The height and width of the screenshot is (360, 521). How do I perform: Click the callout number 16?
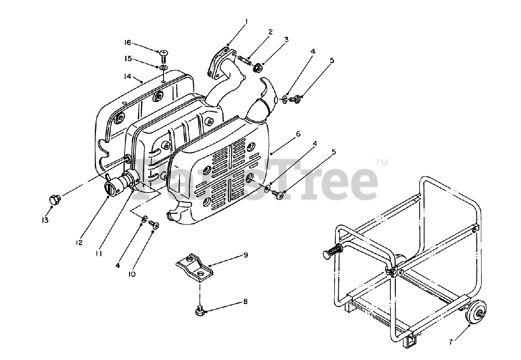[128, 42]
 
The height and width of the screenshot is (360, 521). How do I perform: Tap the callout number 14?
[128, 76]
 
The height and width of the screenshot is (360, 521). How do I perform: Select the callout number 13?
[45, 220]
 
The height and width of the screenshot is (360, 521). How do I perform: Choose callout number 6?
[298, 134]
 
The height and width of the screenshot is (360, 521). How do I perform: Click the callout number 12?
[79, 242]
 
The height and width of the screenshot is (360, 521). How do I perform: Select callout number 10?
[132, 274]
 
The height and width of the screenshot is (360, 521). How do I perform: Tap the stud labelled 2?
[244, 61]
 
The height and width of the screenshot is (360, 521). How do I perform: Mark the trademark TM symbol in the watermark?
[381, 163]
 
